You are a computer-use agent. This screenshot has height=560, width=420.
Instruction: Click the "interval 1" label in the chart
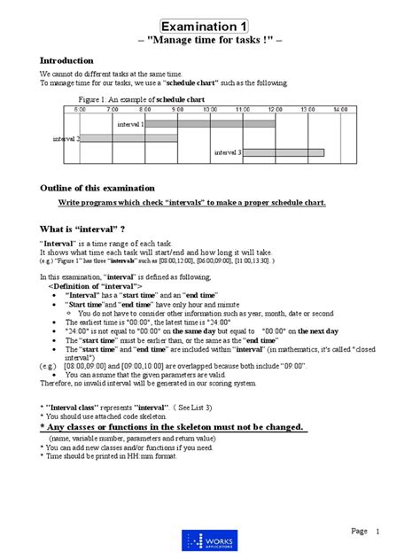[x=130, y=125]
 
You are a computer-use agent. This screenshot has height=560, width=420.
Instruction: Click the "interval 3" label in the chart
[x=228, y=152]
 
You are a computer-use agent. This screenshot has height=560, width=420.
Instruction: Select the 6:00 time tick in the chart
[x=81, y=109]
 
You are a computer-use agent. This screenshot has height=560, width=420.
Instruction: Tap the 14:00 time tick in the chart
[x=339, y=109]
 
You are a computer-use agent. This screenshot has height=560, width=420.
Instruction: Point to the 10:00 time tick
[x=210, y=109]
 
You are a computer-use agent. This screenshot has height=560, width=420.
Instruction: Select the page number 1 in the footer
[x=377, y=531]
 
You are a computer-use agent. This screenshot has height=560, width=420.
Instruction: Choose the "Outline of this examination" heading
[x=97, y=188]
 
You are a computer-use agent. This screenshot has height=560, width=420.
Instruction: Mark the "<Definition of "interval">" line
[x=95, y=287]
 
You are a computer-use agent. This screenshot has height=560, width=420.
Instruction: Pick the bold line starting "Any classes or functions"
[x=174, y=427]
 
